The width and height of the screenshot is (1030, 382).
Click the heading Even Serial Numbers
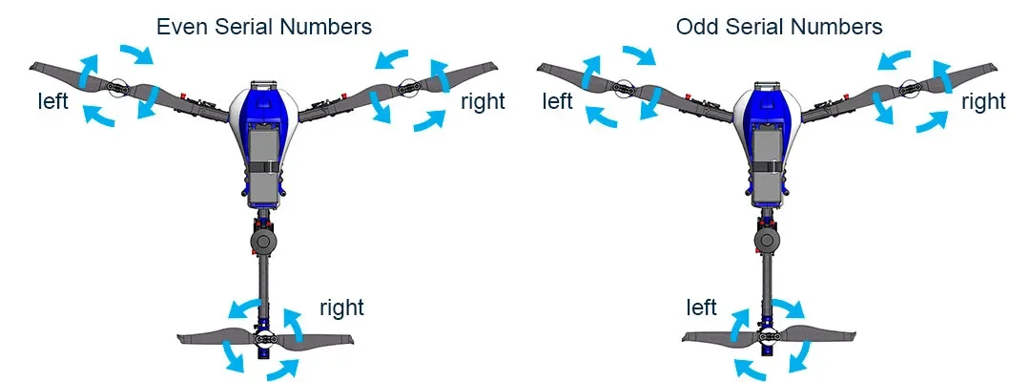pyautogui.click(x=264, y=26)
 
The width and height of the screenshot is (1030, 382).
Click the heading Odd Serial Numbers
pyautogui.click(x=779, y=26)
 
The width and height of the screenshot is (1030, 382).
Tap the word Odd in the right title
pyautogui.click(x=697, y=26)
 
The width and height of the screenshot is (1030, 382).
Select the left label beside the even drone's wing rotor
pyautogui.click(x=52, y=100)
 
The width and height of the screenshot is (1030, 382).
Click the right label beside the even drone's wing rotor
pyautogui.click(x=483, y=102)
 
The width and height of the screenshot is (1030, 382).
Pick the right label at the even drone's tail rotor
pyautogui.click(x=341, y=308)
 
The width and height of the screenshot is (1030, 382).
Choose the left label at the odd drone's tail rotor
pyautogui.click(x=702, y=308)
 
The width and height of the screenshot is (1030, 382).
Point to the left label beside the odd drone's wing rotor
pyautogui.click(x=558, y=100)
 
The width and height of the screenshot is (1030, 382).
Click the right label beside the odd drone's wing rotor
pyautogui.click(x=983, y=102)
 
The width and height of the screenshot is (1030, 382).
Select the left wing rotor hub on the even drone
pyautogui.click(x=118, y=87)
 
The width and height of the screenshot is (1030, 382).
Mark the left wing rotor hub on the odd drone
pyautogui.click(x=625, y=87)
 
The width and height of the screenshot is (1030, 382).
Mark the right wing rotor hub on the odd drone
pyautogui.click(x=917, y=87)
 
